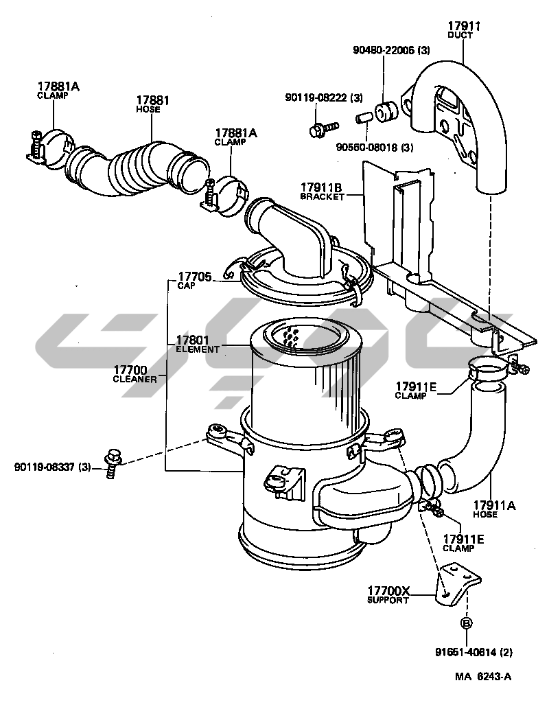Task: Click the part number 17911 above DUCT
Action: [x=464, y=26]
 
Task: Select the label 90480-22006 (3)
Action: [x=391, y=50]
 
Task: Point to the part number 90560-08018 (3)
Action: [x=375, y=147]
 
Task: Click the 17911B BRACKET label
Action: [x=322, y=192]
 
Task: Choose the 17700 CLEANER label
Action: [x=135, y=374]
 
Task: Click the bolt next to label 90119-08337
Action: [x=113, y=463]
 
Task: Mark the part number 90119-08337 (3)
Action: [x=53, y=467]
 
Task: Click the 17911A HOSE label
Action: [x=494, y=509]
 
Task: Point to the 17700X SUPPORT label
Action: [x=388, y=594]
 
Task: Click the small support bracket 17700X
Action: [x=457, y=586]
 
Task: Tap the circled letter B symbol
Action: [x=467, y=623]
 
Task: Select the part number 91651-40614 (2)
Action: [x=474, y=652]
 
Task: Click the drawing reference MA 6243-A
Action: [x=482, y=676]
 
